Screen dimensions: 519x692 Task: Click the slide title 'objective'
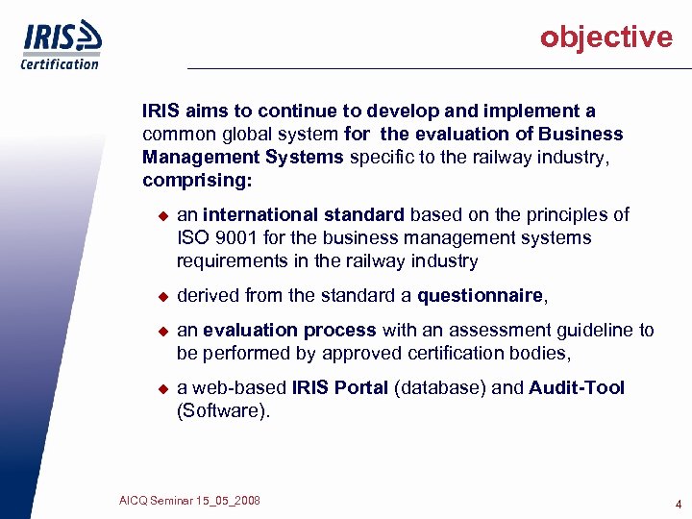coord(605,37)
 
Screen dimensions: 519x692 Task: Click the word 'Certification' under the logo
coord(60,64)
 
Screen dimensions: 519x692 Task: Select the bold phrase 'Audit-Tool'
coord(577,387)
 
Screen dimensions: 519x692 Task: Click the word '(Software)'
coord(224,411)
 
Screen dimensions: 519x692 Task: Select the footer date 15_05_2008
coord(226,501)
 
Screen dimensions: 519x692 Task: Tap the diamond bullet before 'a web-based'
coord(162,388)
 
